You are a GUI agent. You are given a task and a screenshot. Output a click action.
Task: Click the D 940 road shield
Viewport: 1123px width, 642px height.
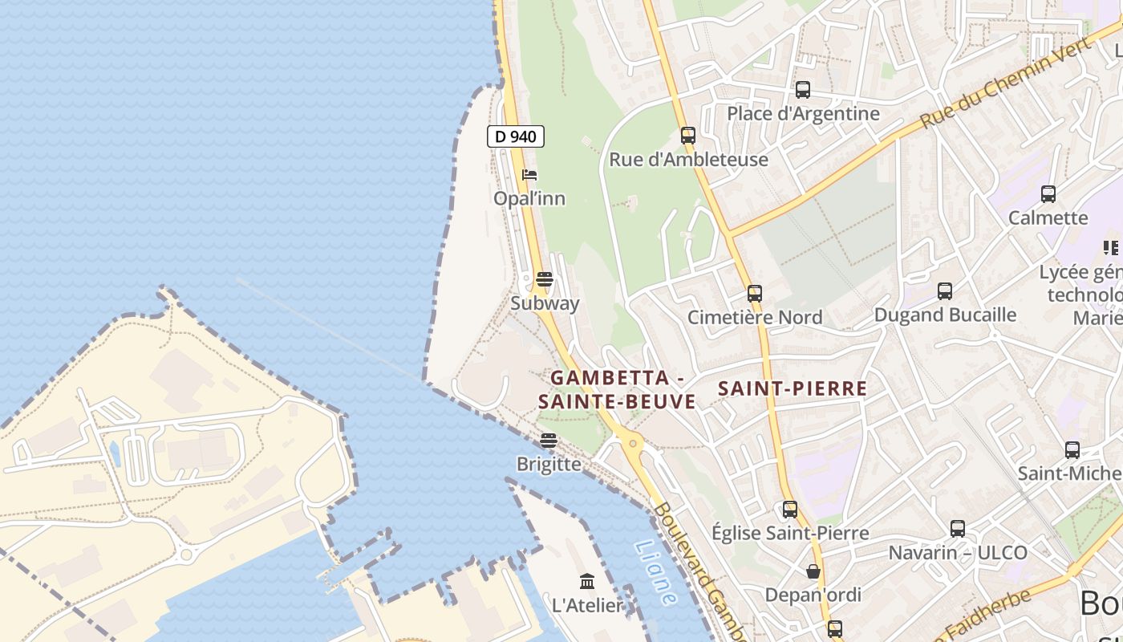(516, 136)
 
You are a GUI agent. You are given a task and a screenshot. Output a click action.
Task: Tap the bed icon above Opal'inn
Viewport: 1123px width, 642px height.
(529, 175)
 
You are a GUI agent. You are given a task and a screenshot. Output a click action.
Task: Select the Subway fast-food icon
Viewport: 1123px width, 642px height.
(545, 279)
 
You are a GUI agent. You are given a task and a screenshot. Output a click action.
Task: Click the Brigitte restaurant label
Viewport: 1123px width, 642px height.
(549, 464)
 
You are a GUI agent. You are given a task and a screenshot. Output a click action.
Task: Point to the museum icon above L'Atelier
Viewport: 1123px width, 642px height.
(587, 581)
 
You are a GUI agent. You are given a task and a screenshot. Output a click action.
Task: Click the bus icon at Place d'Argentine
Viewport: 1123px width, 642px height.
(803, 90)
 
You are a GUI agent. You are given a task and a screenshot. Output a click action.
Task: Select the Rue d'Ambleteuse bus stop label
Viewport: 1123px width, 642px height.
(688, 159)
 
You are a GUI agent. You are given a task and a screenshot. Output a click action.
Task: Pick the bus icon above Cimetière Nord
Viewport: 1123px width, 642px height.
(755, 294)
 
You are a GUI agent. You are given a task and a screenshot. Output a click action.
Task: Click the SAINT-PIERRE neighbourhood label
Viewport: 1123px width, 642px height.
(793, 389)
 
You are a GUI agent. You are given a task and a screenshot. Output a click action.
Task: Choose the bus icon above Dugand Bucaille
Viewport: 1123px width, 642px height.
(945, 291)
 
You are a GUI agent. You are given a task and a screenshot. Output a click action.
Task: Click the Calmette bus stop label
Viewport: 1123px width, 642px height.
(1048, 217)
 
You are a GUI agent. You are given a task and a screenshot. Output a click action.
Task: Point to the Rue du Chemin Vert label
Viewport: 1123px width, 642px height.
(1006, 83)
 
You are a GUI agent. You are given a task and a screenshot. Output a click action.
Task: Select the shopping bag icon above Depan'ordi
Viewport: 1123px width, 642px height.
(813, 571)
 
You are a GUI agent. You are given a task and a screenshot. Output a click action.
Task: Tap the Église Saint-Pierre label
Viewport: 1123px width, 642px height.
(790, 533)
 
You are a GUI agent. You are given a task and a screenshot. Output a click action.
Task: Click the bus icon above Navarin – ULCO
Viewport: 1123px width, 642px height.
(958, 529)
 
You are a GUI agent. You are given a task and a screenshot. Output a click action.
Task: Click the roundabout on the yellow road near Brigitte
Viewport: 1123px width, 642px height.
(634, 442)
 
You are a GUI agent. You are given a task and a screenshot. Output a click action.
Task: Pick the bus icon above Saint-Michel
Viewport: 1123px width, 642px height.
(1072, 450)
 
